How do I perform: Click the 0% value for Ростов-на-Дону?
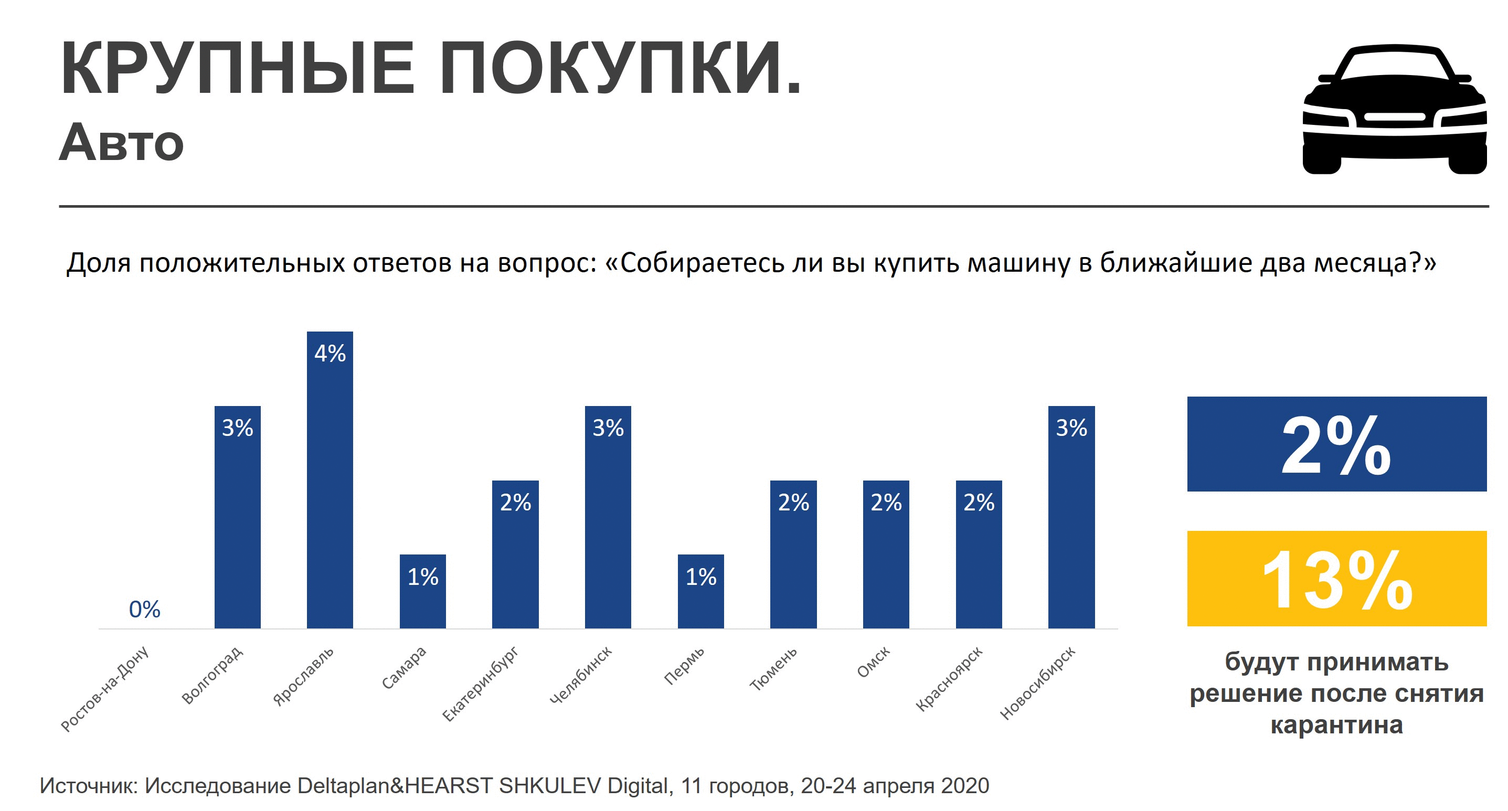point(145,610)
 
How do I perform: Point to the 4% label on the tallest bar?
point(330,354)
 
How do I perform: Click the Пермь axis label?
point(684,667)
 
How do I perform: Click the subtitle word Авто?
point(122,143)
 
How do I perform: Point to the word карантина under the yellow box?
point(1336,725)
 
